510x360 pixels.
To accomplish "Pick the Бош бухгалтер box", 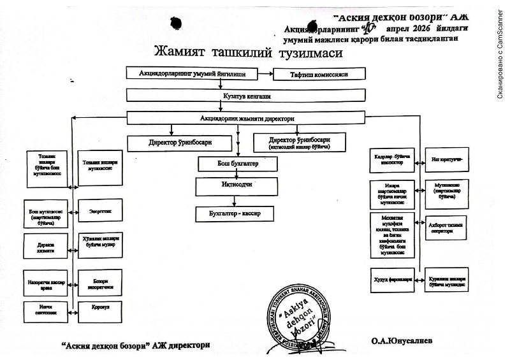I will click(x=238, y=164).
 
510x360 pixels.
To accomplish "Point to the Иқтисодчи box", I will click(x=237, y=186).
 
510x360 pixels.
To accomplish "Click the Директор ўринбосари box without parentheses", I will click(x=180, y=143).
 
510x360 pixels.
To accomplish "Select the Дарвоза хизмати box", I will click(x=45, y=245).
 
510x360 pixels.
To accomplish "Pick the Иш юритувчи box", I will click(x=446, y=160).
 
